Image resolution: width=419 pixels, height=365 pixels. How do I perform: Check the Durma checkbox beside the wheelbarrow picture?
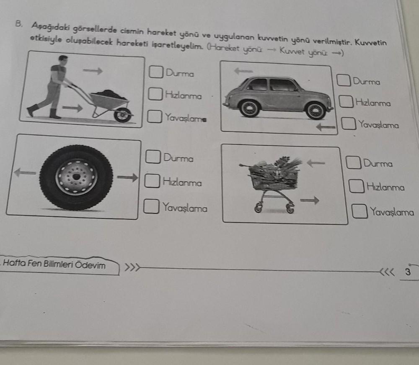pos(156,72)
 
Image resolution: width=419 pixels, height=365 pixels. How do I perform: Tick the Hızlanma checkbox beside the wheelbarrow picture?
pos(155,94)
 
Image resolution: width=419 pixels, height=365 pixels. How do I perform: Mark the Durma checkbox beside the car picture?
pos(344,80)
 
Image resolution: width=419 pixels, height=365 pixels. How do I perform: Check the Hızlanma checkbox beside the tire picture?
pos(152,182)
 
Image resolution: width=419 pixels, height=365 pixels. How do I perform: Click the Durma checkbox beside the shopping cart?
pos(354,162)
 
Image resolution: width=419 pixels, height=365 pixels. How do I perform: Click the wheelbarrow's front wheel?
pos(122,114)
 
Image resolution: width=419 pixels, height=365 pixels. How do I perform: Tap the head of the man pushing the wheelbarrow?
pos(63,59)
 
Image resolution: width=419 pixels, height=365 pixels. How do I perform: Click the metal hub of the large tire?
pos(76,177)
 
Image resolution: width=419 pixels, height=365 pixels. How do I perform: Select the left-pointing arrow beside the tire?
pos(25,172)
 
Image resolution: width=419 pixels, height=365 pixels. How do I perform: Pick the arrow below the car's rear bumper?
pos(326,126)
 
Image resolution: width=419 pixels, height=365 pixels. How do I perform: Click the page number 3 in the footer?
pos(407,272)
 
